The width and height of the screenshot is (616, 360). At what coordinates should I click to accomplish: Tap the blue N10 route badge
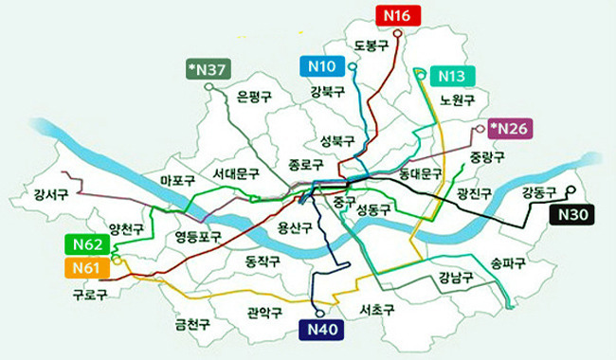point(324,65)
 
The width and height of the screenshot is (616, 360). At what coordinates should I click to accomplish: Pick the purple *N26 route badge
point(510,128)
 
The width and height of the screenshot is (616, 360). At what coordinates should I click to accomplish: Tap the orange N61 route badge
point(86,269)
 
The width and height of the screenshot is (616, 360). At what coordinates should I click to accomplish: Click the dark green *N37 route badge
point(208,69)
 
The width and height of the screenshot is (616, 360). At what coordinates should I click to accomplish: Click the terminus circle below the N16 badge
point(398,32)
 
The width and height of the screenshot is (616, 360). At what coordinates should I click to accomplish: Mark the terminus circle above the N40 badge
point(320,313)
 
